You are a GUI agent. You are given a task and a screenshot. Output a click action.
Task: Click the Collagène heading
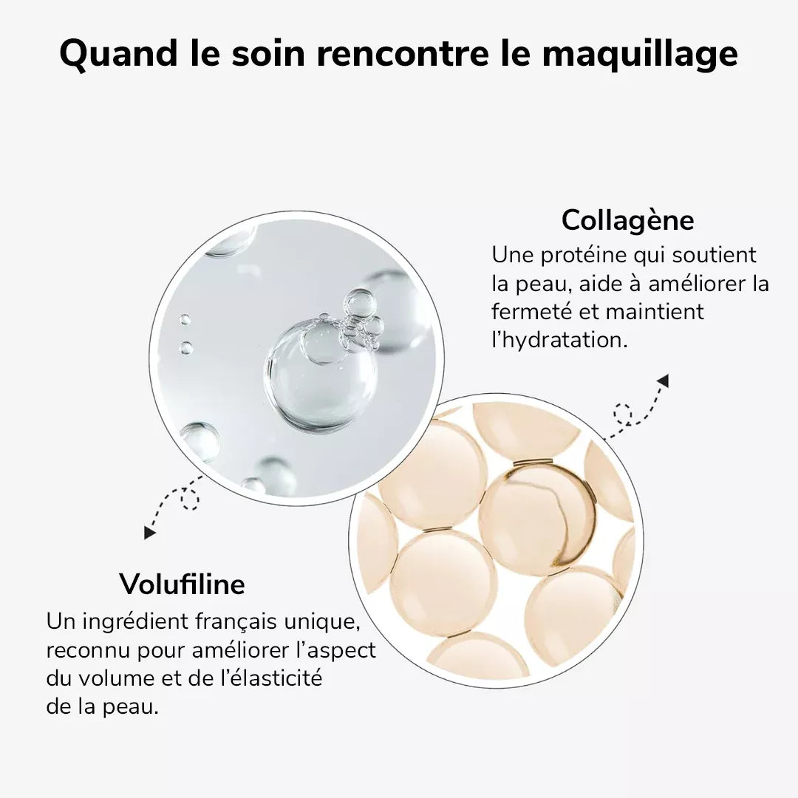coord(627,220)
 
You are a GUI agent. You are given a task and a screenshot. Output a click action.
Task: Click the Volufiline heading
coord(182,584)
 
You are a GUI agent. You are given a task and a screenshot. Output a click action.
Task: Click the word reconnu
coord(87,650)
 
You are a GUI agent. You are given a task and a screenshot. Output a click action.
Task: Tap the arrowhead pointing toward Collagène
coord(663,381)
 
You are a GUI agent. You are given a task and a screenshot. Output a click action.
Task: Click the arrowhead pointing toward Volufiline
coord(151,531)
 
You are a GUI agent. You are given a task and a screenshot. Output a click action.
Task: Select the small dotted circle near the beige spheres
coord(623,414)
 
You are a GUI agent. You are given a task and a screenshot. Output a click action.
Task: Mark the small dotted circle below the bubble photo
coord(191,501)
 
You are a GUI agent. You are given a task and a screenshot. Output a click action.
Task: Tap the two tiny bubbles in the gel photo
coord(185,333)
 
